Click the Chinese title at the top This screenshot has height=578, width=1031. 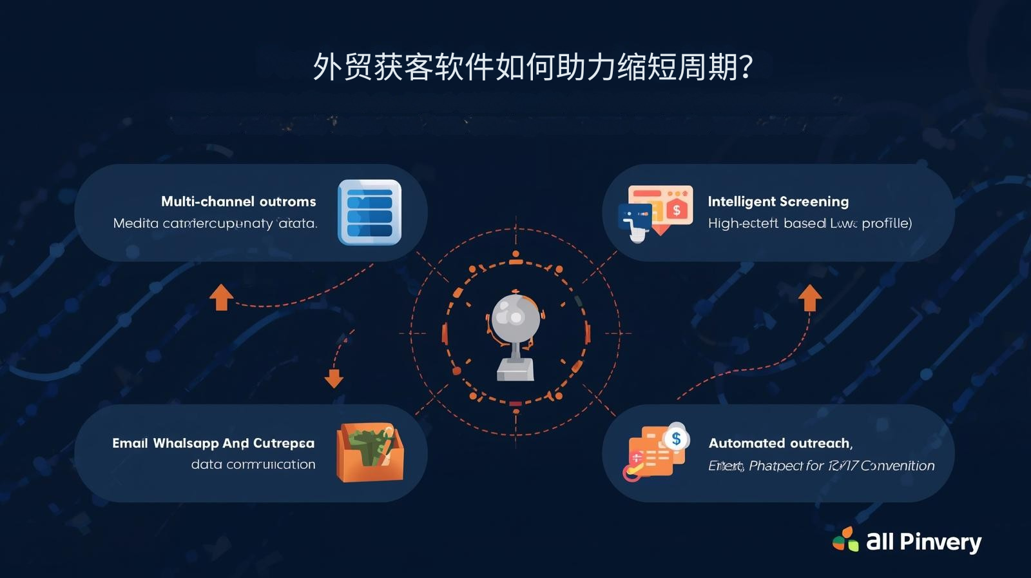point(532,67)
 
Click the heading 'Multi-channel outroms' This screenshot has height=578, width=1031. point(238,201)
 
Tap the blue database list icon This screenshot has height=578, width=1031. point(369,212)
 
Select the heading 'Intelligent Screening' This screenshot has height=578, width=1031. point(778,201)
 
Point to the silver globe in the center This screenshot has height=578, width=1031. point(515,317)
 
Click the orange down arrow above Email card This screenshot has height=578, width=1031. point(334,377)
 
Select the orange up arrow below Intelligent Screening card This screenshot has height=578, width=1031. point(810,298)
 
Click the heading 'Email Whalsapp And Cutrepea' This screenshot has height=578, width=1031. point(213,443)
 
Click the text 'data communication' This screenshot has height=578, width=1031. point(253,464)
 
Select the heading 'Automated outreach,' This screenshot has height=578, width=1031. point(780,443)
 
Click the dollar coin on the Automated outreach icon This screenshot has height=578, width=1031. point(676,439)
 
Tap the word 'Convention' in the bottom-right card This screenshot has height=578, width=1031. point(897,466)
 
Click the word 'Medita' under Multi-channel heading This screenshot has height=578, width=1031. point(135,223)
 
